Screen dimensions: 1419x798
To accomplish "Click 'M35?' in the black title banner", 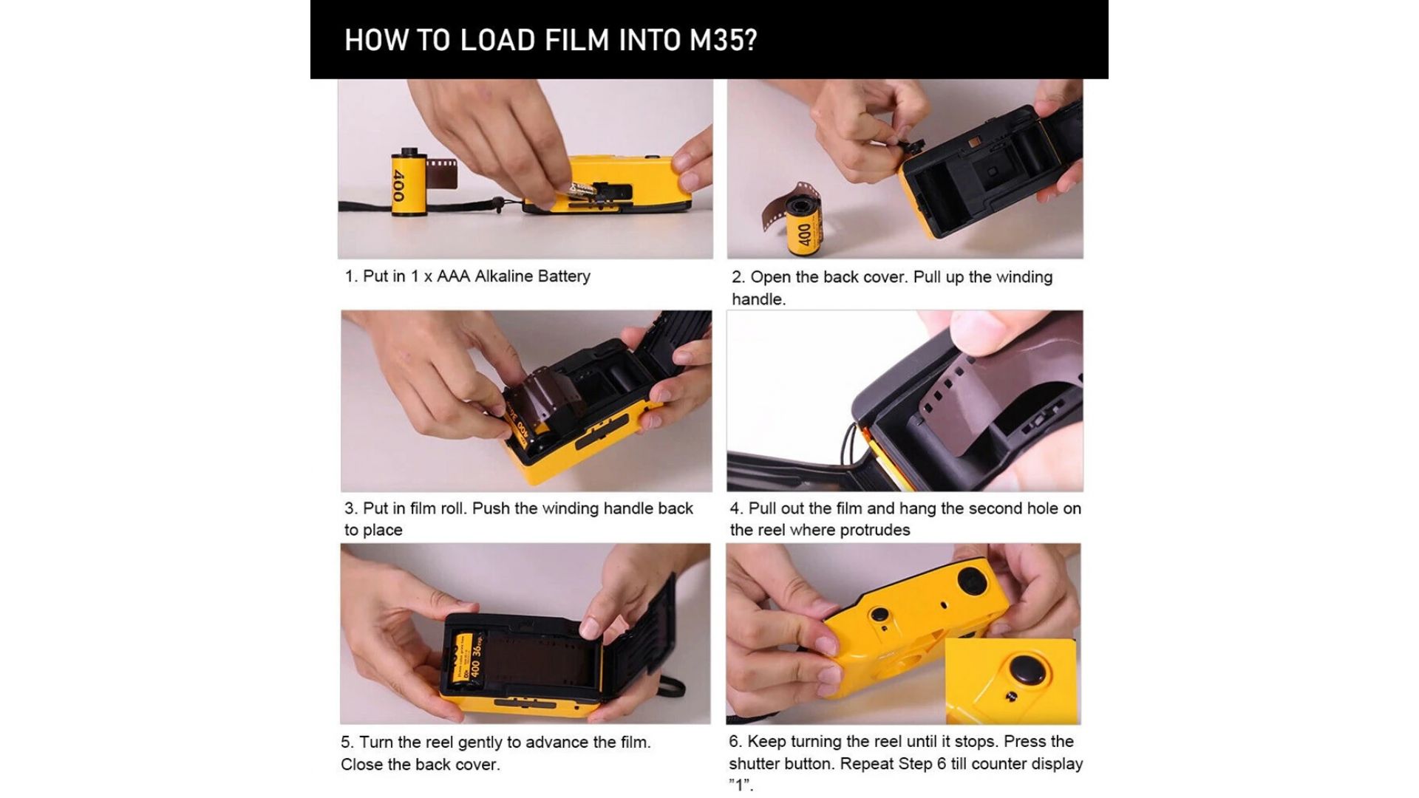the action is point(724,40).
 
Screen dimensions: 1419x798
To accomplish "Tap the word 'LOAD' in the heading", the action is point(498,40).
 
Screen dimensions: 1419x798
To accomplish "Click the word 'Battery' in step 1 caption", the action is point(564,276).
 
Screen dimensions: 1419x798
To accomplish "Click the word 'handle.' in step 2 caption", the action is point(758,299).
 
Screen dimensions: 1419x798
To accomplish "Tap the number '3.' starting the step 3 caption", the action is point(351,508).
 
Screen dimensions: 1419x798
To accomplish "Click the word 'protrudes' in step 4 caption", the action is point(875,531).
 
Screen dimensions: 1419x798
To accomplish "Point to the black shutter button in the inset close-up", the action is point(1028,672).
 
